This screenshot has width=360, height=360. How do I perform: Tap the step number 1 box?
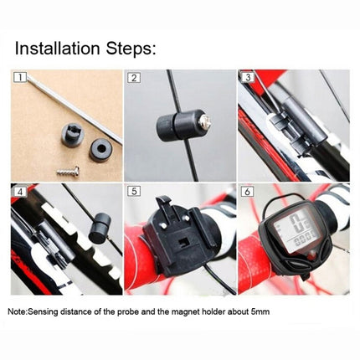(18, 79)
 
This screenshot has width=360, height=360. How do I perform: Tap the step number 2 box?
(133, 79)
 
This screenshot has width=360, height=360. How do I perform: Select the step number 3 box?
(247, 79)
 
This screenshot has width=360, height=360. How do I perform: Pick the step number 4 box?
(18, 191)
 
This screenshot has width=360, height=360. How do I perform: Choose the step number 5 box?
(133, 191)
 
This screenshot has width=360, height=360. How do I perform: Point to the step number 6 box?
(247, 191)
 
